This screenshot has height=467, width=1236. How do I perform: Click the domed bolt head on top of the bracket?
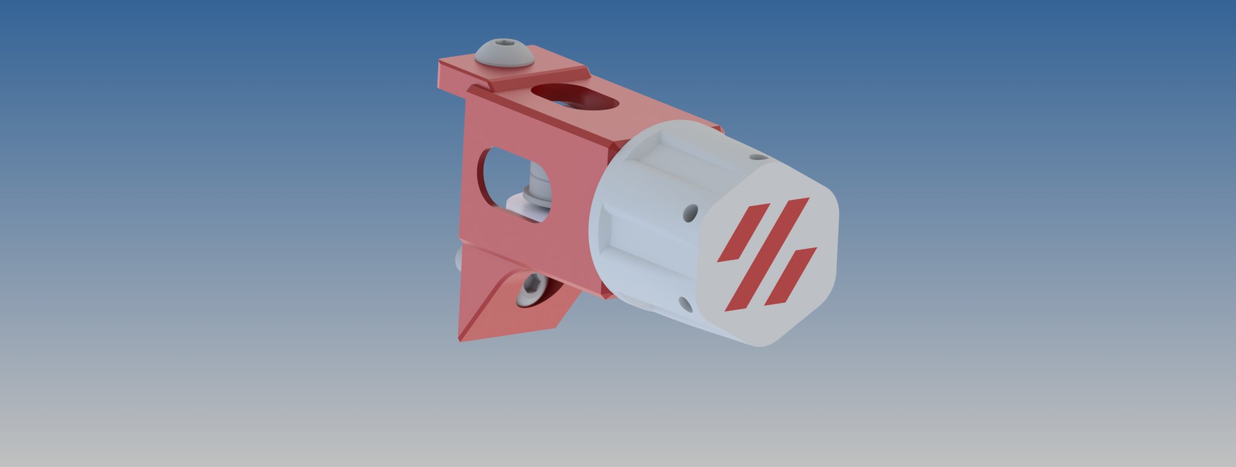pyautogui.click(x=505, y=54)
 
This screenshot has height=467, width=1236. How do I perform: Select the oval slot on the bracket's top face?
pyautogui.click(x=575, y=97)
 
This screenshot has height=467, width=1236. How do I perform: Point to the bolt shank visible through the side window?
pyautogui.click(x=539, y=179)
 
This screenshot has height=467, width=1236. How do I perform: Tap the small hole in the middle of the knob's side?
pyautogui.click(x=690, y=213)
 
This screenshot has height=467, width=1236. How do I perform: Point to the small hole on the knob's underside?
pyautogui.click(x=685, y=304)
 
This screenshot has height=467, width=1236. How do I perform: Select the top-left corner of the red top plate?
pyautogui.click(x=441, y=60)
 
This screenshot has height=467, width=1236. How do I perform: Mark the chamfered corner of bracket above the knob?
pyautogui.click(x=619, y=145)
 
